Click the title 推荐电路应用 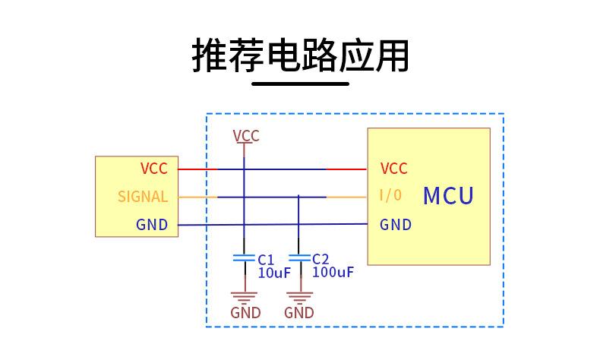pos(300,55)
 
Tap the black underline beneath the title pos(300,83)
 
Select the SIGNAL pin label pos(143,197)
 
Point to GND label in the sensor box pos(152,225)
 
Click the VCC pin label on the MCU pos(393,169)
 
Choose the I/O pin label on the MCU pos(390,196)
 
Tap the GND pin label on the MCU pos(396,225)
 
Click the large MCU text pos(448,196)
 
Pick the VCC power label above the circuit pos(246,136)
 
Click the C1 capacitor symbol pos(244,258)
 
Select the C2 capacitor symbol pos(299,258)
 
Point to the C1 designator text pos(266,259)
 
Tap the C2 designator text pos(321,258)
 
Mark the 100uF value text pos(333,272)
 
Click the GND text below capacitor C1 pos(245,312)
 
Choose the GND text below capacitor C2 pos(299,312)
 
